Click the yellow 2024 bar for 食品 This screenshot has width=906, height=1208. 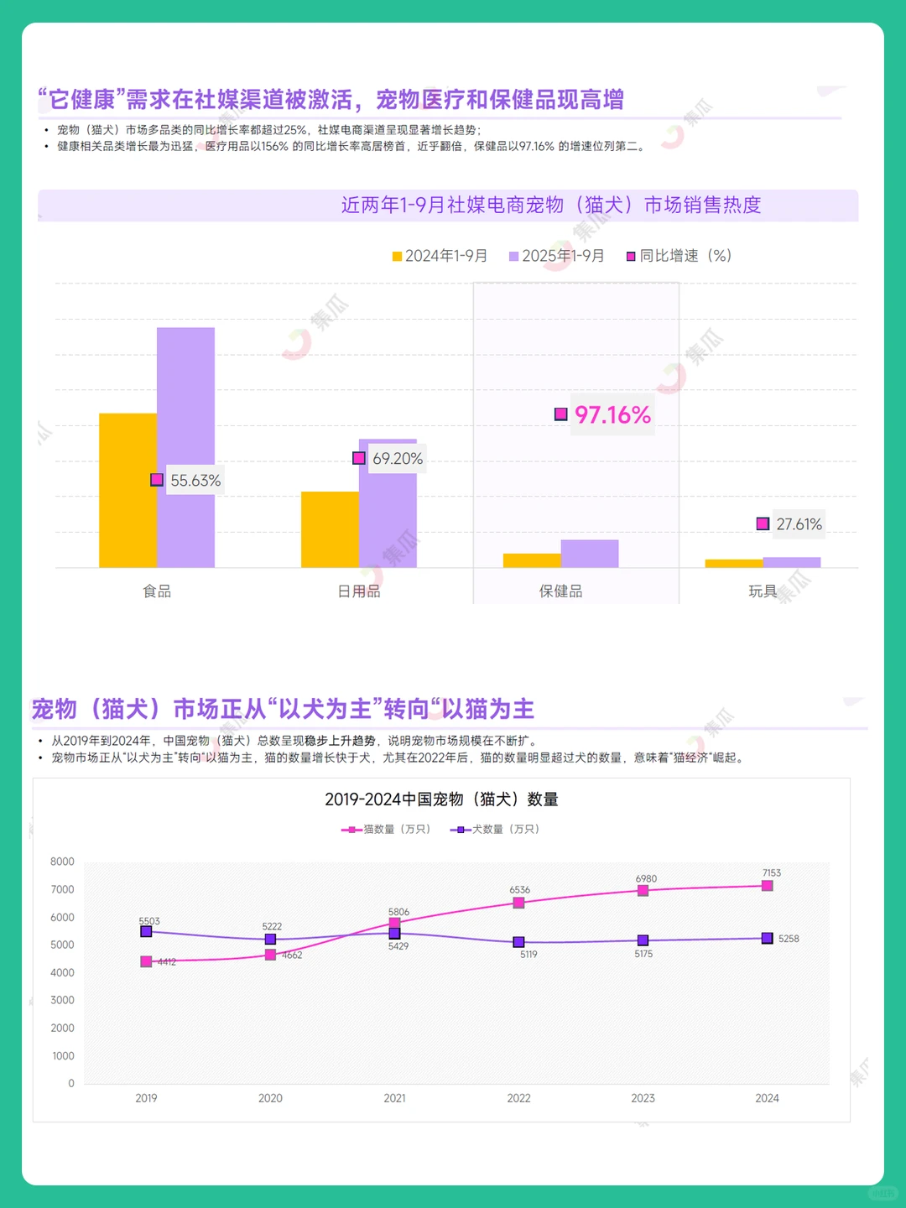[128, 490]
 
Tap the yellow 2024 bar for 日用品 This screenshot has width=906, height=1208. [330, 529]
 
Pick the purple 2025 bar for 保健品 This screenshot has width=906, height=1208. [590, 554]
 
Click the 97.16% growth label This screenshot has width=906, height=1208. [612, 414]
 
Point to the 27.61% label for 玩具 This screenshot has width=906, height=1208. [799, 524]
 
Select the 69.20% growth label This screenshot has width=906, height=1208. [397, 459]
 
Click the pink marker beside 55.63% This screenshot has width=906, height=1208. [157, 480]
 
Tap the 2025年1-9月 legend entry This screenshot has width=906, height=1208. [556, 256]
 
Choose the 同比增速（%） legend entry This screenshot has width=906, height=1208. [679, 256]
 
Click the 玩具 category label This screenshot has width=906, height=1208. [763, 591]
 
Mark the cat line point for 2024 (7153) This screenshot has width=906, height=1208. [767, 886]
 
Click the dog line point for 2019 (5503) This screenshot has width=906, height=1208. [146, 931]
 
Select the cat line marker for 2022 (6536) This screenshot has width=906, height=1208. [518, 903]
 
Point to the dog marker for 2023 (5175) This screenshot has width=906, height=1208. [643, 940]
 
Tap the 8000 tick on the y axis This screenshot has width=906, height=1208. [62, 862]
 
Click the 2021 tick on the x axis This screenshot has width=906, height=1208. [394, 1098]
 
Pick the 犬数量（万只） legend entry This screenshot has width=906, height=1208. [495, 829]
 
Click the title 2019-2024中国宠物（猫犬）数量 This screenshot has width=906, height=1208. [441, 799]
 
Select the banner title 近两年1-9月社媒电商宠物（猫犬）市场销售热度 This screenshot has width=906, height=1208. [550, 206]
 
